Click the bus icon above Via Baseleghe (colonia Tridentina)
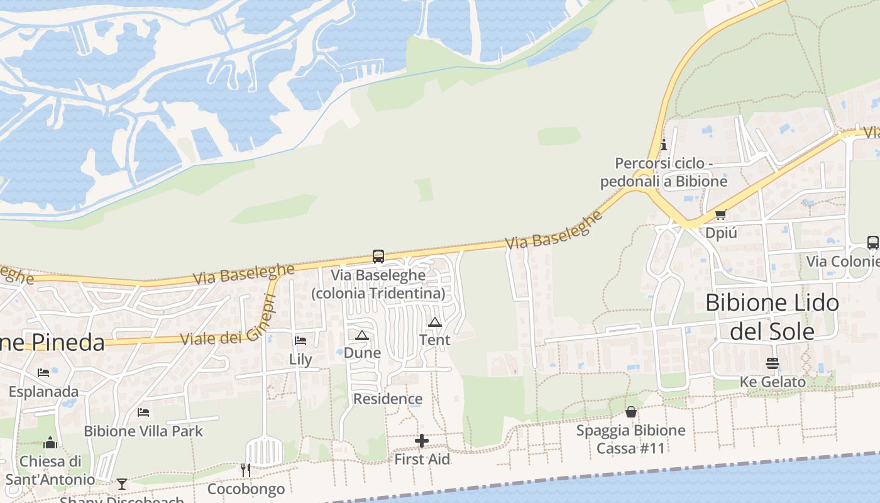click(378, 257)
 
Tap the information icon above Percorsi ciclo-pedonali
click(664, 145)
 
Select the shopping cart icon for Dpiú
click(720, 214)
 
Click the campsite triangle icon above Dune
click(361, 335)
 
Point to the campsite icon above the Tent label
click(434, 323)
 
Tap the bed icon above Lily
click(300, 341)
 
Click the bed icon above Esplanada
click(43, 373)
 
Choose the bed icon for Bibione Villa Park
click(143, 412)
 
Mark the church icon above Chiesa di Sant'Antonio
click(50, 443)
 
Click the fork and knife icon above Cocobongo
click(246, 470)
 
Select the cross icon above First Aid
click(422, 441)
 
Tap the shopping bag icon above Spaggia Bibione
click(631, 412)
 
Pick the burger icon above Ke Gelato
click(772, 363)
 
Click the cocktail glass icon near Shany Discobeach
click(122, 484)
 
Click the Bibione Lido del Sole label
click(772, 317)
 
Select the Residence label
click(388, 399)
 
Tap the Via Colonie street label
click(842, 261)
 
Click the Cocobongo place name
click(246, 489)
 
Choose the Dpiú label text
click(720, 233)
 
